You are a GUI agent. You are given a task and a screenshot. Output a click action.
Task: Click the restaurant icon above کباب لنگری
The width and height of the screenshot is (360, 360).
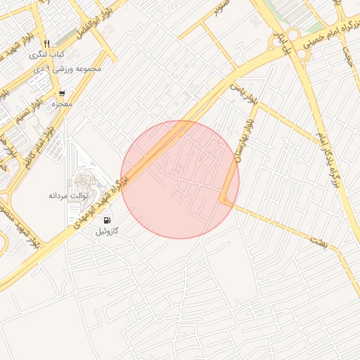[46, 43]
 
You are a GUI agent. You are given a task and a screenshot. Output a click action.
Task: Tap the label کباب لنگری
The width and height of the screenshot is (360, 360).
[47, 54]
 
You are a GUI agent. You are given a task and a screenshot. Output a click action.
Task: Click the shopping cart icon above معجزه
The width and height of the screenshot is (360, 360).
[62, 93]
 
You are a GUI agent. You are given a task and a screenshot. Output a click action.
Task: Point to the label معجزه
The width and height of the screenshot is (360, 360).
[62, 104]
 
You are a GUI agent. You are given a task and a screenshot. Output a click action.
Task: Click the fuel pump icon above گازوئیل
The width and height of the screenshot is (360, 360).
[106, 220]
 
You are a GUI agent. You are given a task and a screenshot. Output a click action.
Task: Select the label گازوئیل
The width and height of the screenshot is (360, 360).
[111, 231]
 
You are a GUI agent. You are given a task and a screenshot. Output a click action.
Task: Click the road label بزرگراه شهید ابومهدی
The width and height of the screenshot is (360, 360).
[99, 202]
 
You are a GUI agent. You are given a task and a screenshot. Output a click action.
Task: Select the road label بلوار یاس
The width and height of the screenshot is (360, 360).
[242, 94]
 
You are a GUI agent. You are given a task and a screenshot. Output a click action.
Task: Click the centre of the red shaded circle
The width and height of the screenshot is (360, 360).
[180, 179]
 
